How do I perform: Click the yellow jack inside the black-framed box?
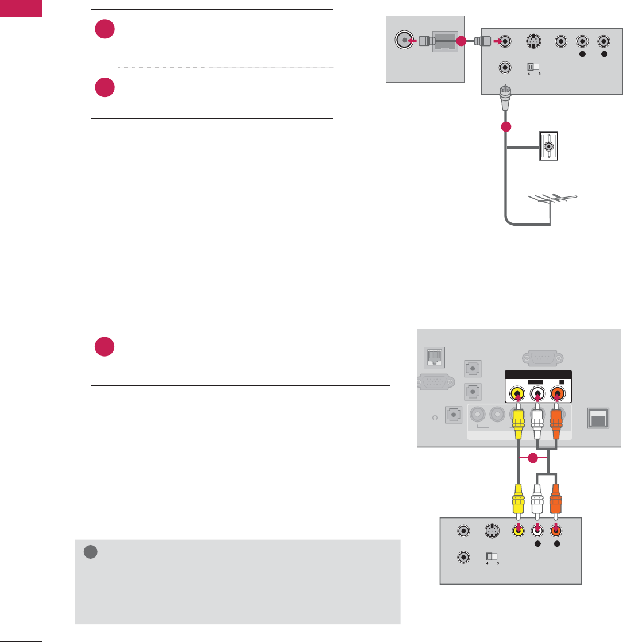tap(518, 395)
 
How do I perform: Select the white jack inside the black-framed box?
tap(536, 395)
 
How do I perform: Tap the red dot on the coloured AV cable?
tap(533, 458)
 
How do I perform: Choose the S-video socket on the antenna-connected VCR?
tap(533, 41)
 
